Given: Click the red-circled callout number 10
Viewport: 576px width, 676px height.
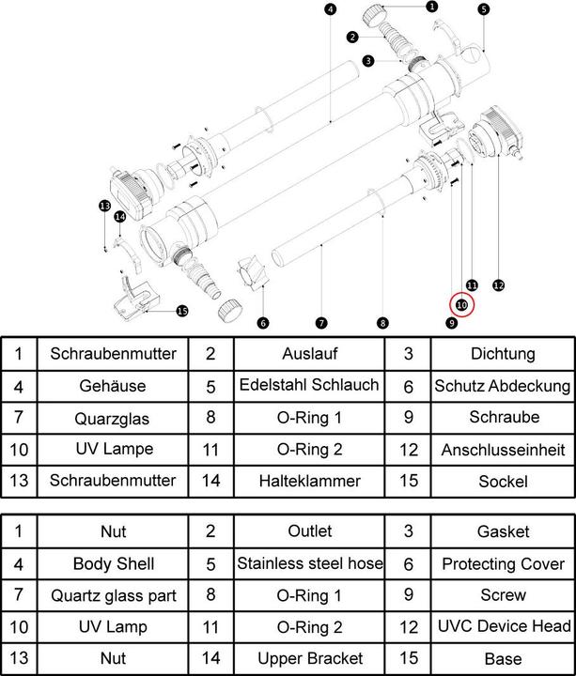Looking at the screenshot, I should tap(461, 304).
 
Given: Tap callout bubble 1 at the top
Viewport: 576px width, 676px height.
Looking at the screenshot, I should tap(431, 7).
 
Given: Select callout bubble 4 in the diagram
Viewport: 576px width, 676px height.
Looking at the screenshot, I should tap(330, 10).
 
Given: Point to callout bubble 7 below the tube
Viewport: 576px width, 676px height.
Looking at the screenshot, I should tap(321, 323).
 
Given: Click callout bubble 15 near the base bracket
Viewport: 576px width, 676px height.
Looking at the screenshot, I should tap(181, 312).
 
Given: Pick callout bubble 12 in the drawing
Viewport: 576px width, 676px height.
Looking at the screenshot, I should tap(498, 285).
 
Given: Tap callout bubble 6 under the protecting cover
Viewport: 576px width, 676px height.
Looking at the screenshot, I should tap(263, 323).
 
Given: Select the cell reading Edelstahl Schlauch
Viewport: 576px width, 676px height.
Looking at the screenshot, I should tap(309, 386).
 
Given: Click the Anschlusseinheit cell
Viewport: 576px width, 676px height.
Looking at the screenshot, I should tap(503, 450).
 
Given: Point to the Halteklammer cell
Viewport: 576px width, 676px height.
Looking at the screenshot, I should tap(309, 481).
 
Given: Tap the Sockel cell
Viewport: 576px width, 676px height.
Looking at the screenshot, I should tap(503, 481).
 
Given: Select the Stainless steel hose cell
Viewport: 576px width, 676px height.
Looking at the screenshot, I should tap(309, 564).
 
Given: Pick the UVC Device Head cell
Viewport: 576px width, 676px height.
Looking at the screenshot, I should tap(503, 626).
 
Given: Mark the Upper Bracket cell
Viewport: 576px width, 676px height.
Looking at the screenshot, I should tap(309, 658).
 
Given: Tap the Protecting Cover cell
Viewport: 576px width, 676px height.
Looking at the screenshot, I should tap(503, 564).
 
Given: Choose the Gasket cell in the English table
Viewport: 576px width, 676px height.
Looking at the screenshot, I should tap(503, 532).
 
